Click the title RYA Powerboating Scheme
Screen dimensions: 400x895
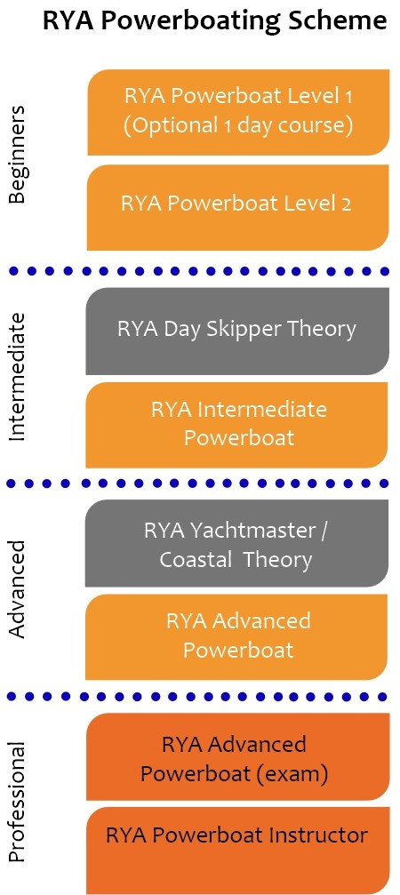click(215, 21)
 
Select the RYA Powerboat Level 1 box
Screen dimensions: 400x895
click(238, 112)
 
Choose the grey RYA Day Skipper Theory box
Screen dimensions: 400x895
click(237, 331)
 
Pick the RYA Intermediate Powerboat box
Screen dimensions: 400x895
click(236, 425)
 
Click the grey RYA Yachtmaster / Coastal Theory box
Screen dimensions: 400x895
click(236, 543)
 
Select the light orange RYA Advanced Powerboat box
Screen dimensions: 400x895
click(236, 637)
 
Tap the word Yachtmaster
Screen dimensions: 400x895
click(254, 531)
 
